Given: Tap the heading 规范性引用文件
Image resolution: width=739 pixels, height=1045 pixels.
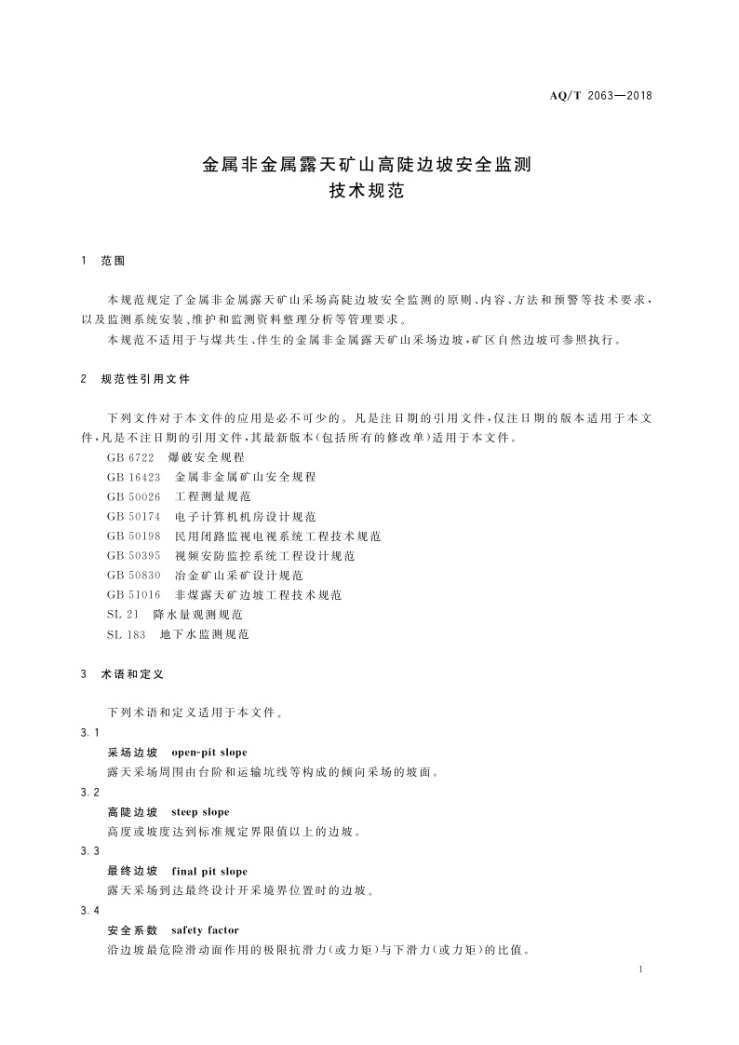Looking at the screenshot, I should pyautogui.click(x=145, y=379).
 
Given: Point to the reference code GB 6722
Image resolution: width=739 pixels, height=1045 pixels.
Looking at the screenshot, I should pyautogui.click(x=129, y=457).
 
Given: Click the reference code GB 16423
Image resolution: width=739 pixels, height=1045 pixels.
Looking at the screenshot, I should pyautogui.click(x=133, y=476).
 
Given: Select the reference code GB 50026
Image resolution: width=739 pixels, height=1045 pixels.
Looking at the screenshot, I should pyautogui.click(x=133, y=496).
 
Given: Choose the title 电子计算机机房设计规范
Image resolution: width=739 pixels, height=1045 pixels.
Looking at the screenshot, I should pyautogui.click(x=246, y=516).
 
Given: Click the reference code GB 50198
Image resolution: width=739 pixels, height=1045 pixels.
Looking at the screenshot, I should pyautogui.click(x=133, y=536).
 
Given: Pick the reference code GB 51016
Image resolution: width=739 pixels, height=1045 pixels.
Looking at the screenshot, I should pyautogui.click(x=133, y=594).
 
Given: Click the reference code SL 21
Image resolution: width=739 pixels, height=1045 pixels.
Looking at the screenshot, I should pyautogui.click(x=123, y=614).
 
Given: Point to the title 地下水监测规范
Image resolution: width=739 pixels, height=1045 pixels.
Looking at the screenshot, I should pyautogui.click(x=205, y=633).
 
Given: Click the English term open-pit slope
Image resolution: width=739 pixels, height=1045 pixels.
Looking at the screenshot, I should pyautogui.click(x=209, y=752).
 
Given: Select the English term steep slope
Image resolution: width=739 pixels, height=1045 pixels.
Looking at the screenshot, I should pyautogui.click(x=200, y=812).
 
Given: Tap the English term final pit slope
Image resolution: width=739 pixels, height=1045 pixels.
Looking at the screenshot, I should pyautogui.click(x=209, y=872).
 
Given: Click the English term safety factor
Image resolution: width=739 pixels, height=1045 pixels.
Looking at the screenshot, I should pyautogui.click(x=205, y=930).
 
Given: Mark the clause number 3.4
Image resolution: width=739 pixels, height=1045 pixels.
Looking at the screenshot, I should pyautogui.click(x=90, y=909).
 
